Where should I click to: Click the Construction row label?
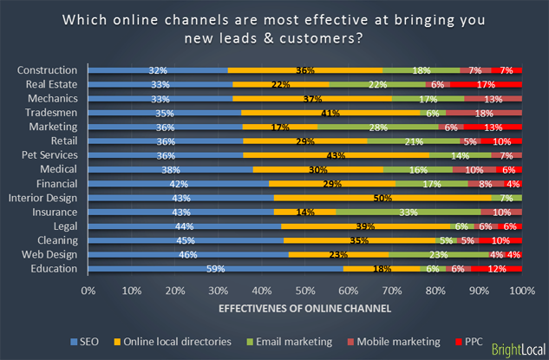48,69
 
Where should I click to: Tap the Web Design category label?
50,255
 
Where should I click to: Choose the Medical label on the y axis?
58,169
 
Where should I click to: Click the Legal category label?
63,226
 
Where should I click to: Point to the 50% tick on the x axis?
304,290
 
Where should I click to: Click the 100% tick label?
520,290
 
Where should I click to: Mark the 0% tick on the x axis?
88,290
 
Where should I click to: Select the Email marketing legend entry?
290,342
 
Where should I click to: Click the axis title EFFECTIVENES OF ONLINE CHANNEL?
304,307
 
